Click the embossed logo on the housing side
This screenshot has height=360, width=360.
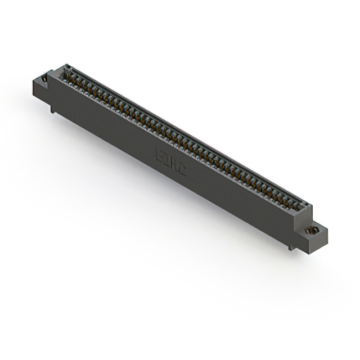[x=170, y=160]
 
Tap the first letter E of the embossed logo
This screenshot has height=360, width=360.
[x=159, y=153]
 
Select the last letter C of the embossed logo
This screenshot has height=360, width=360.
[x=181, y=167]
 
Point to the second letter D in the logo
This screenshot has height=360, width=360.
[x=166, y=157]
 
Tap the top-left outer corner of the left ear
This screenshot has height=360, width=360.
[x=34, y=79]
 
